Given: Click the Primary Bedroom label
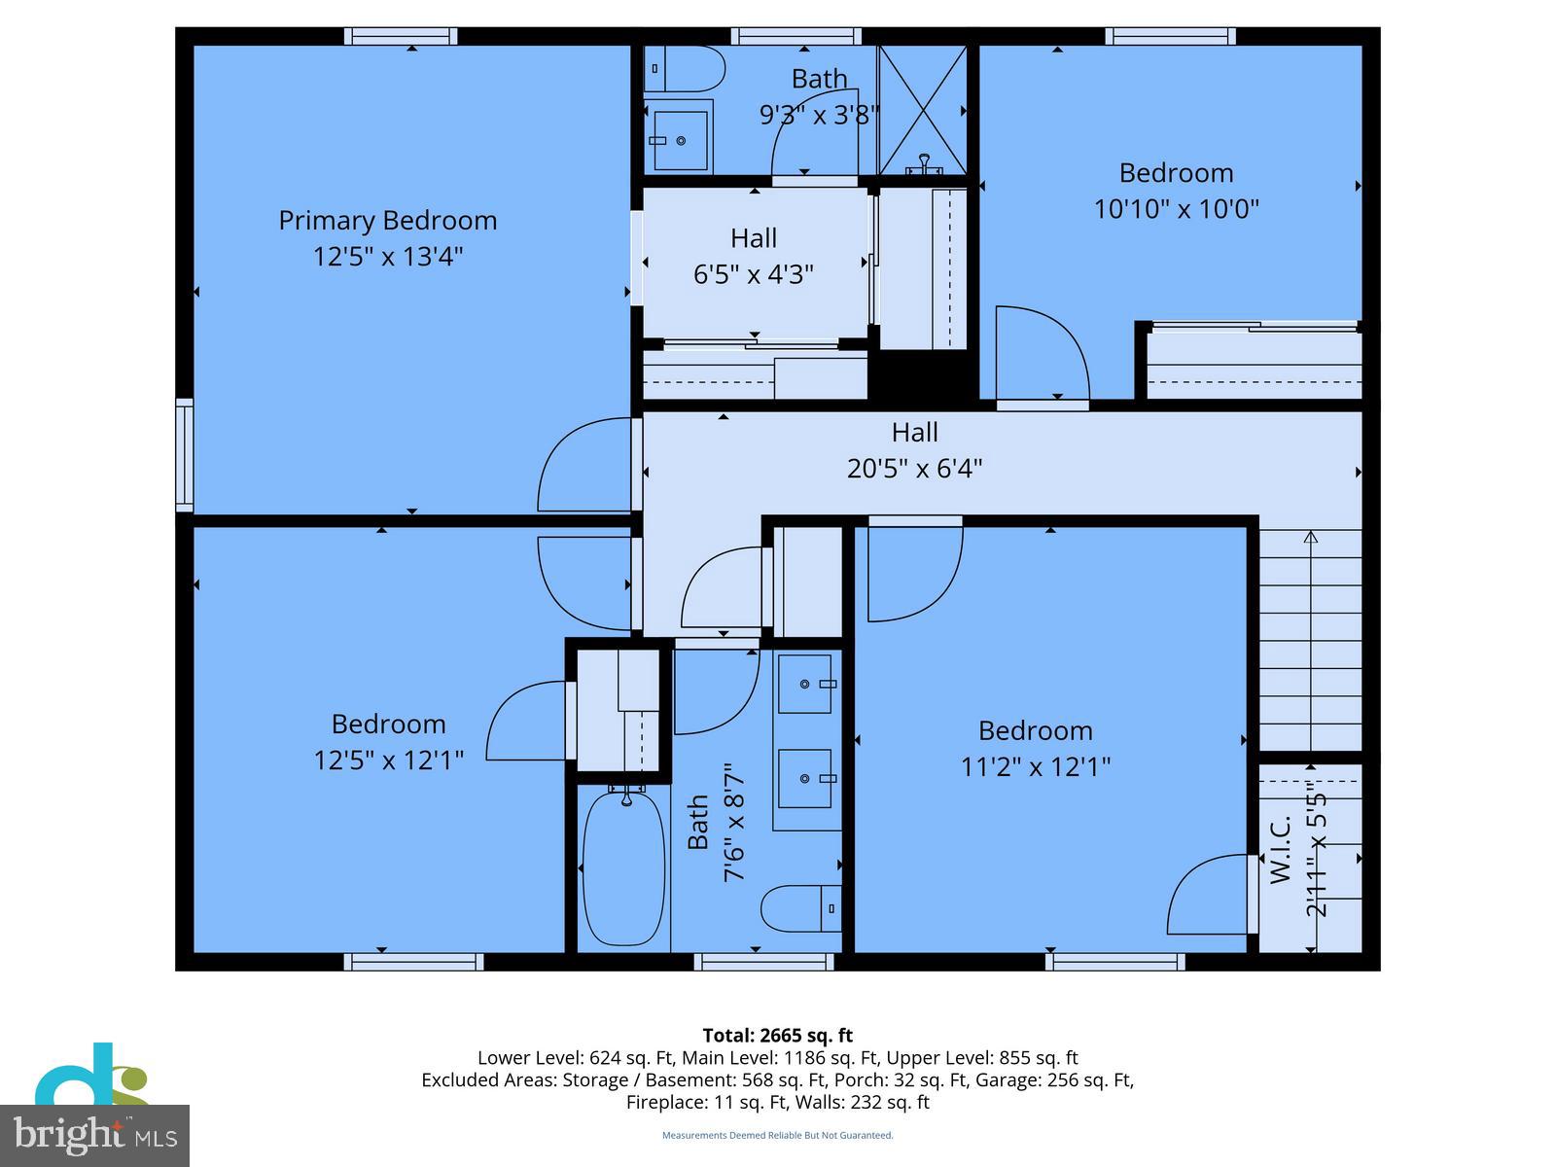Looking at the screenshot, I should click(387, 221).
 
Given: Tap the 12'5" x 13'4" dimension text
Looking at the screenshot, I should click(387, 257).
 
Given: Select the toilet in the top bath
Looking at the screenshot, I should click(687, 69).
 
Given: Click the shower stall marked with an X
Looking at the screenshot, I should click(922, 109).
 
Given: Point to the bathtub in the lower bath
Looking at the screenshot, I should click(623, 868).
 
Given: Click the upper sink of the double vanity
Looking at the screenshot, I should click(805, 684).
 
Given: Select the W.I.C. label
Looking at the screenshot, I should click(1281, 848).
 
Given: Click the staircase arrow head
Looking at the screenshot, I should click(1310, 536).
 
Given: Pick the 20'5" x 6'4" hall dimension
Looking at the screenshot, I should click(914, 469).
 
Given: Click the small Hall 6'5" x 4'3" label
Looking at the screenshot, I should click(754, 238).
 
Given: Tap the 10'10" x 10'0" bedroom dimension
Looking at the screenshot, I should click(1176, 209).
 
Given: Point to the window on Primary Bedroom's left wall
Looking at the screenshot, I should click(184, 454).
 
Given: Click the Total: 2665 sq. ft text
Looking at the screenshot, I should click(777, 1036).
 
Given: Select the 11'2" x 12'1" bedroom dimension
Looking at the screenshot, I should click(1035, 767).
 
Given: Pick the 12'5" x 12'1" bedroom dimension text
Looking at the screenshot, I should click(387, 760).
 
